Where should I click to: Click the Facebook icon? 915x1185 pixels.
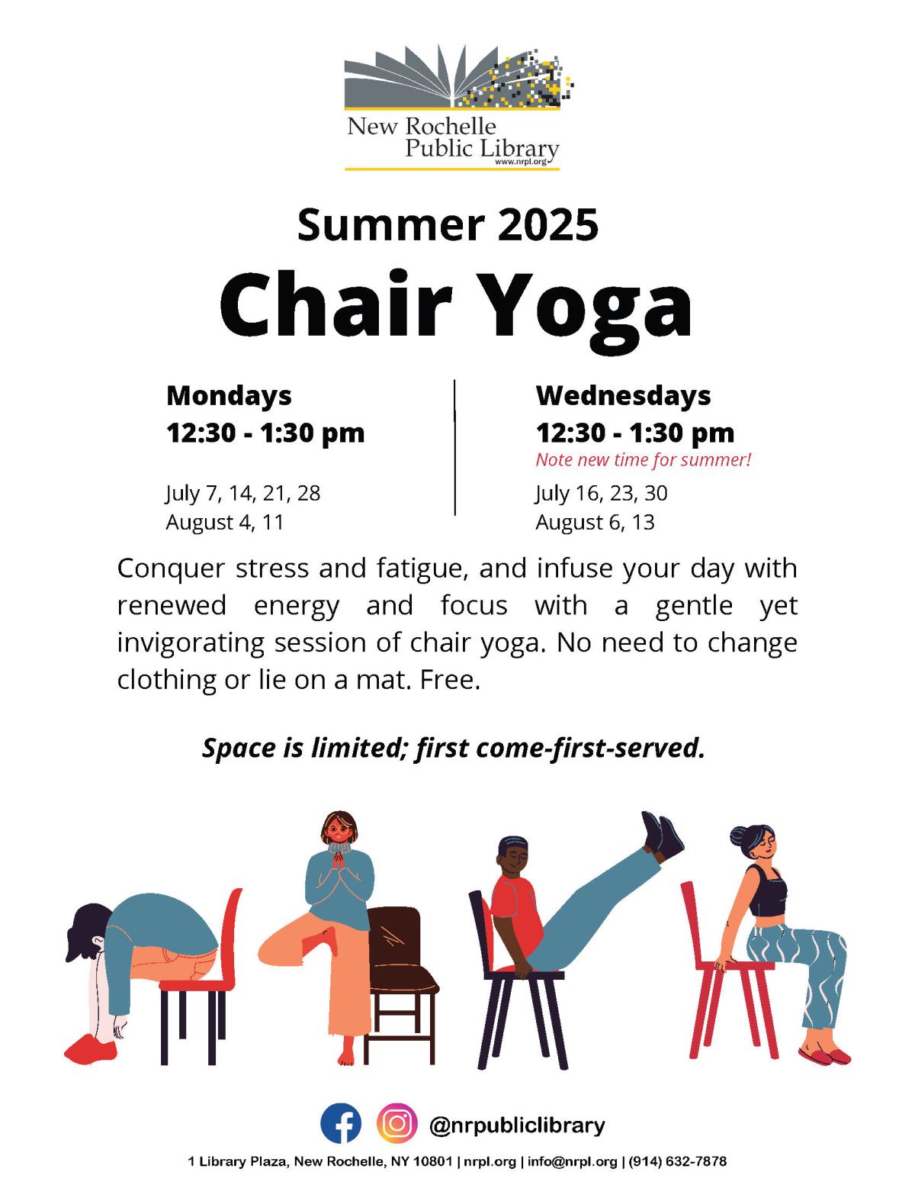[340, 1124]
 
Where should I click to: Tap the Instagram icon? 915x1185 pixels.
[396, 1124]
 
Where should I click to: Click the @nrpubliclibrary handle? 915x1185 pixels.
[517, 1125]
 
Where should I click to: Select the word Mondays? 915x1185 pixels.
[229, 395]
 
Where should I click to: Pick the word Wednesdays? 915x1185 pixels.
[623, 395]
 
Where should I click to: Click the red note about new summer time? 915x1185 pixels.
[644, 460]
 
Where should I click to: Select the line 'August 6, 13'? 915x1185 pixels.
[595, 523]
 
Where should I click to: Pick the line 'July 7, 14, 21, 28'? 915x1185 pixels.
[242, 493]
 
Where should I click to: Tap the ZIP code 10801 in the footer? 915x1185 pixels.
[434, 1162]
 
